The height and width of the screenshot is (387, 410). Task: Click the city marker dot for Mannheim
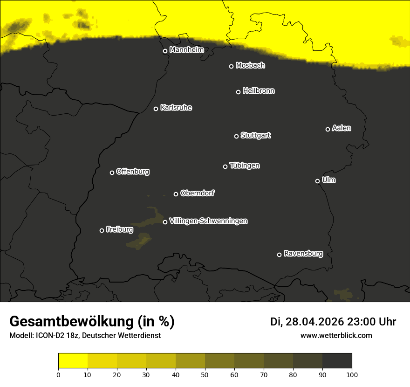165,51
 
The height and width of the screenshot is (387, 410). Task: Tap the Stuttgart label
255,135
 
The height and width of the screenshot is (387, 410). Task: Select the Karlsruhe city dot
156,109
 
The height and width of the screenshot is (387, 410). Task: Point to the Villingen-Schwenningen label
208,221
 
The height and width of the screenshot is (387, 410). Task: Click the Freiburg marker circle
102,230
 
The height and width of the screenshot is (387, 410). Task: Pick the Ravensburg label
303,254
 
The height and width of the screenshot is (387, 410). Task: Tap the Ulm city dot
317,181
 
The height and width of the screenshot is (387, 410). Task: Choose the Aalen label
342,128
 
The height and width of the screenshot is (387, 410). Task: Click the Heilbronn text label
259,91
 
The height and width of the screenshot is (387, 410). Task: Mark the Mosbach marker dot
231,66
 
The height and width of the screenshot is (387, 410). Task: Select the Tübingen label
245,166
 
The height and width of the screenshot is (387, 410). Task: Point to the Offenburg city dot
112,173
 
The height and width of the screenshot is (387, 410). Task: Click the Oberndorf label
197,193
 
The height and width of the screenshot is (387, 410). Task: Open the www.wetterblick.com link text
336,335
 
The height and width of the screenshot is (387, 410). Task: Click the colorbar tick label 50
205,374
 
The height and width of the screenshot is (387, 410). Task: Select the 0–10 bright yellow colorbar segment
73,361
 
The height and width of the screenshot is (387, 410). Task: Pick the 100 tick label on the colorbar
351,374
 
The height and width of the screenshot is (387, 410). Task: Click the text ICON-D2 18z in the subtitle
57,336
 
